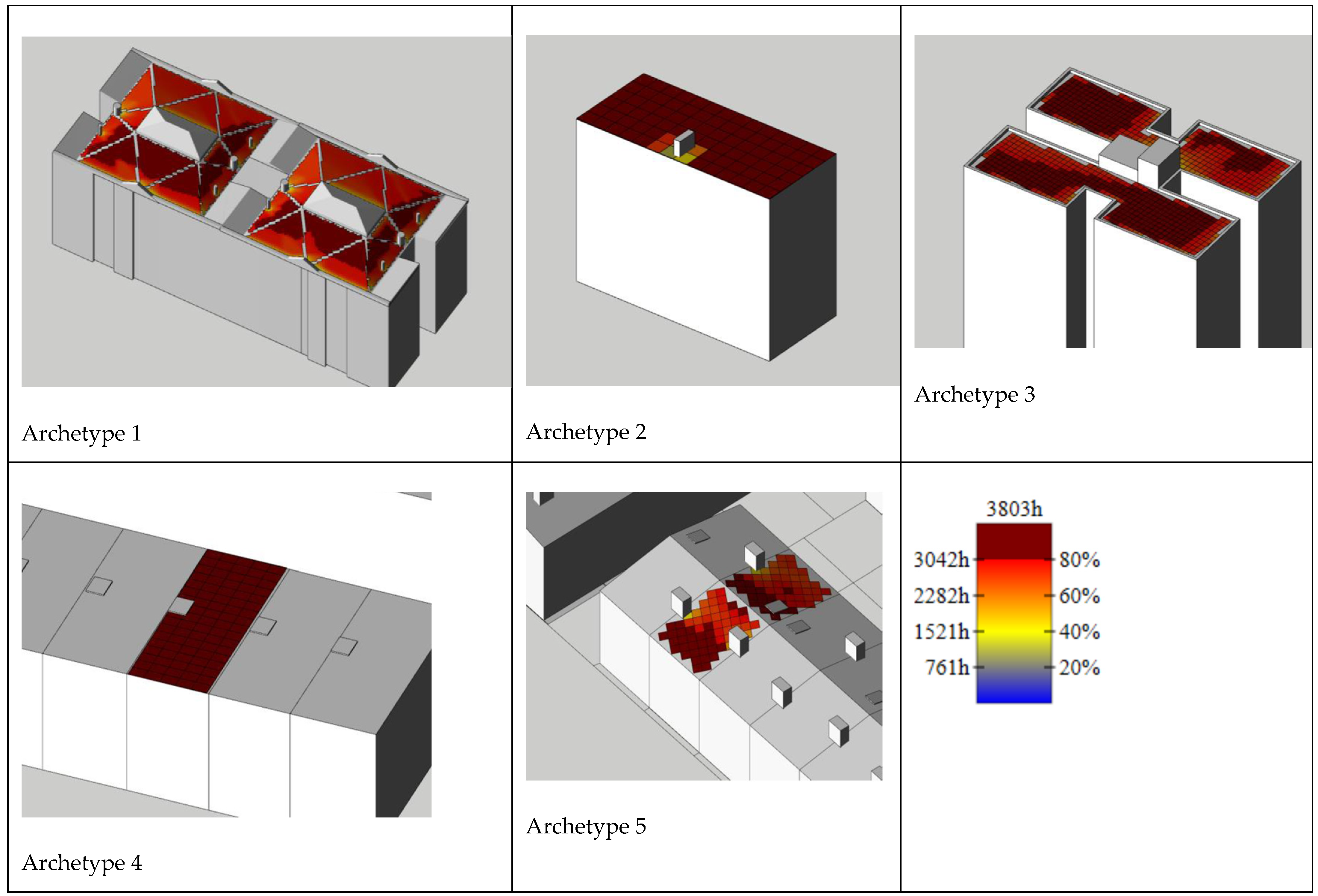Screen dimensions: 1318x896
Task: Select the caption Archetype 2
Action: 586,432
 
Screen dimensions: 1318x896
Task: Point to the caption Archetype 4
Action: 82,862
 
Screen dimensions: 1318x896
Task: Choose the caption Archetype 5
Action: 586,826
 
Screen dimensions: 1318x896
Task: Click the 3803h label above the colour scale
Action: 1014,509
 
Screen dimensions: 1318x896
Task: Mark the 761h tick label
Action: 947,667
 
